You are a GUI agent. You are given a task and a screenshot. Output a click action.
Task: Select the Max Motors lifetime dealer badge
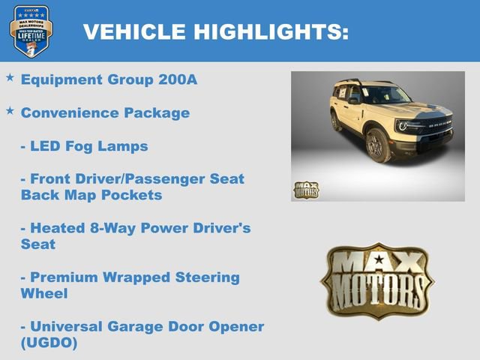coord(31,31)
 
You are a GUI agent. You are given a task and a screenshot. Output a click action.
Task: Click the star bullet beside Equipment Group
coord(10,77)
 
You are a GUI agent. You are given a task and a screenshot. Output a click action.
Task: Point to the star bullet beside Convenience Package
coord(10,110)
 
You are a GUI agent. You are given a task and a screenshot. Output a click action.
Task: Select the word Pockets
coord(134,194)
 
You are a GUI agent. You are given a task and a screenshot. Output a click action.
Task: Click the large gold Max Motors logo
coord(377,277)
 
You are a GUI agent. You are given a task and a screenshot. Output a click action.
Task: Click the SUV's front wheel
coord(378,145)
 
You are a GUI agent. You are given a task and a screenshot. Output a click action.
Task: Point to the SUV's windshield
coord(385,95)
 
